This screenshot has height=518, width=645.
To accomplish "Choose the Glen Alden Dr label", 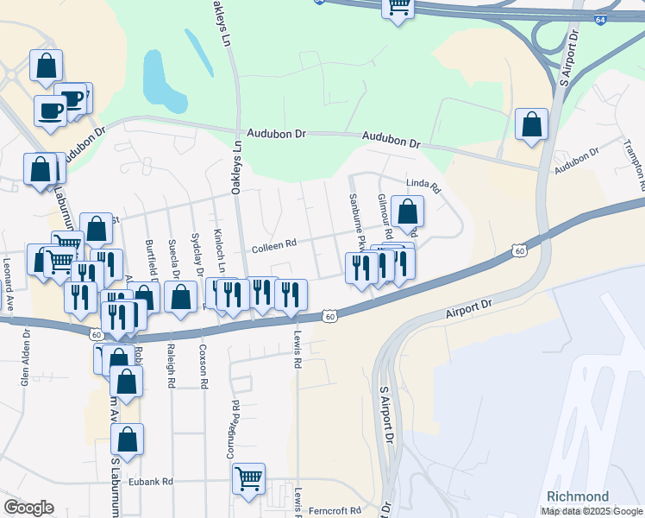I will (27, 357).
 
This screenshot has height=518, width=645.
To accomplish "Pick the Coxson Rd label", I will (204, 366).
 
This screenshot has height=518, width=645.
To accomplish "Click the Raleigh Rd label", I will (172, 366).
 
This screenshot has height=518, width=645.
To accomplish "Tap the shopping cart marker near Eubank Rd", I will (249, 477).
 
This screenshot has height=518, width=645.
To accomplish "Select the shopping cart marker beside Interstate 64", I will (398, 7).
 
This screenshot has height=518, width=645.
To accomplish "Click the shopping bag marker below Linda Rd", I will (406, 211).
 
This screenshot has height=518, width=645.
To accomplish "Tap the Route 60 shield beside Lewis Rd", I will (329, 317).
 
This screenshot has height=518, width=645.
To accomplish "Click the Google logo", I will (28, 508).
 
